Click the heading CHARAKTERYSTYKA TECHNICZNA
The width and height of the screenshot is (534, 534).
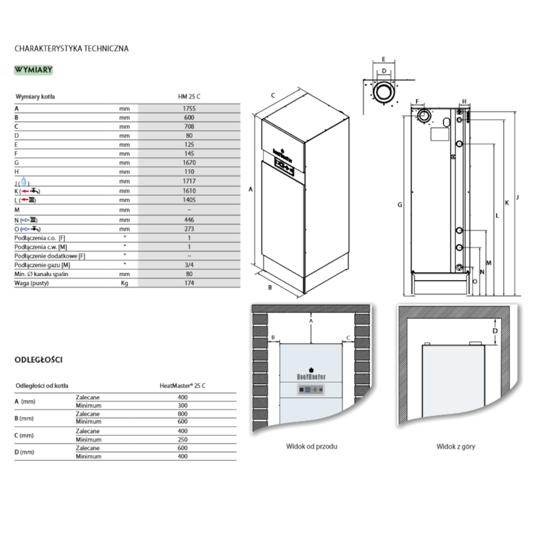pos(72,49)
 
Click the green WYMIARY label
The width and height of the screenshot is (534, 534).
pos(34,69)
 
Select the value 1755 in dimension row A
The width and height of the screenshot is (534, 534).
pos(189,107)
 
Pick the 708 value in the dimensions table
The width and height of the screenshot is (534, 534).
pos(189,126)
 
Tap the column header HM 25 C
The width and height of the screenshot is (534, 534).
pos(189,96)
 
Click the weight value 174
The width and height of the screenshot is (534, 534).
pos(189,283)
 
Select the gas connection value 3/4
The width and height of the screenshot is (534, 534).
pos(189,265)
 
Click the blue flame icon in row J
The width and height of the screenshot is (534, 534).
pos(24,181)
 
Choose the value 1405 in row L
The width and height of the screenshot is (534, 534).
pos(189,200)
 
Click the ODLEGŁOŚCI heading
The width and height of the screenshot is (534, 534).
pos(39,360)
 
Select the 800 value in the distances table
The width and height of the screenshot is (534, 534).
pos(183,414)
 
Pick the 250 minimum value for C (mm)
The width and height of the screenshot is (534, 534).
pos(183,439)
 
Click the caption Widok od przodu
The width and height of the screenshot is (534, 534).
pos(311,447)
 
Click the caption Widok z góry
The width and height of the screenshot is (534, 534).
pos(456,447)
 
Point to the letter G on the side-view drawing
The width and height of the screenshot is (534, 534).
pos(400,205)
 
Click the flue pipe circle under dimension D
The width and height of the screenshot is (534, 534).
pos(384,92)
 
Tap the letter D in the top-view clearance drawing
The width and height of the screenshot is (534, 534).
pos(495,331)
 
